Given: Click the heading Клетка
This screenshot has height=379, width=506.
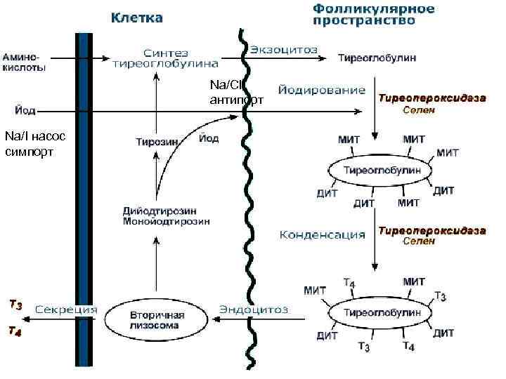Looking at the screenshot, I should coord(136,17).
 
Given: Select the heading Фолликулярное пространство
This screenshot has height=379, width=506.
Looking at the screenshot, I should coord(373,15).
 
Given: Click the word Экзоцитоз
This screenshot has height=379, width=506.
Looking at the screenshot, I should coord(283,50).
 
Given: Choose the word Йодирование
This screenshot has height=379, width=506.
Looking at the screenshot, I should coord(323,90).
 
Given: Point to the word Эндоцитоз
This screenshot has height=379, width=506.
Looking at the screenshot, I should coord(254,309).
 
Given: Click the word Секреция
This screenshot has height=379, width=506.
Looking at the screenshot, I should coord(66,309).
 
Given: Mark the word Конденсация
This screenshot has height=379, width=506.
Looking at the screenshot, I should coord(323,234).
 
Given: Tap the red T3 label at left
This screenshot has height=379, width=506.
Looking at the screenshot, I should coord(15,305).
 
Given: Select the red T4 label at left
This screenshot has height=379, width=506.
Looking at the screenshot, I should coord(15,331).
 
